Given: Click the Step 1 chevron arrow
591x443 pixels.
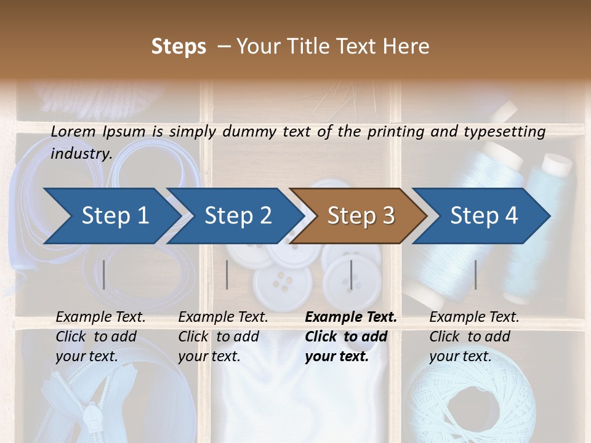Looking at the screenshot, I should pyautogui.click(x=114, y=215).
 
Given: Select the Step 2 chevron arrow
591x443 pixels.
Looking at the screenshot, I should pyautogui.click(x=237, y=215).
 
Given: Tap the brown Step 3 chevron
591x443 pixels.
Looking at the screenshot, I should pyautogui.click(x=360, y=215).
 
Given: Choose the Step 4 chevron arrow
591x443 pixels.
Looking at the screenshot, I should pyautogui.click(x=483, y=215).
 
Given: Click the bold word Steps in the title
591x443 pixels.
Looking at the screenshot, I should pyautogui.click(x=179, y=46).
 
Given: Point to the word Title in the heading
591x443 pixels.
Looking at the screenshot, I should pyautogui.click(x=315, y=46).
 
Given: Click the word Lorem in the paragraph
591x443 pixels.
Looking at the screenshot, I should pyautogui.click(x=73, y=131).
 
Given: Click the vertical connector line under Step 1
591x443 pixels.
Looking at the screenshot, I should pyautogui.click(x=104, y=274).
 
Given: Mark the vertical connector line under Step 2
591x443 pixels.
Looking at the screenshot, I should pyautogui.click(x=227, y=274).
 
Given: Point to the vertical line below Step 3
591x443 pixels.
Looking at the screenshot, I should pyautogui.click(x=351, y=274).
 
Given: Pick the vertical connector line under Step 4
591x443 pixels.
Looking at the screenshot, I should pyautogui.click(x=475, y=274).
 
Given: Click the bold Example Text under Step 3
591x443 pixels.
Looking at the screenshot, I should pyautogui.click(x=351, y=317).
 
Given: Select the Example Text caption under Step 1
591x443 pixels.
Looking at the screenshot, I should pyautogui.click(x=100, y=317).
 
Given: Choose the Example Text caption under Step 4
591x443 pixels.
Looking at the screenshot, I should pyautogui.click(x=474, y=317).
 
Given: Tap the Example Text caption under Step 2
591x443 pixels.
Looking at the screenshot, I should pyautogui.click(x=223, y=317).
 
